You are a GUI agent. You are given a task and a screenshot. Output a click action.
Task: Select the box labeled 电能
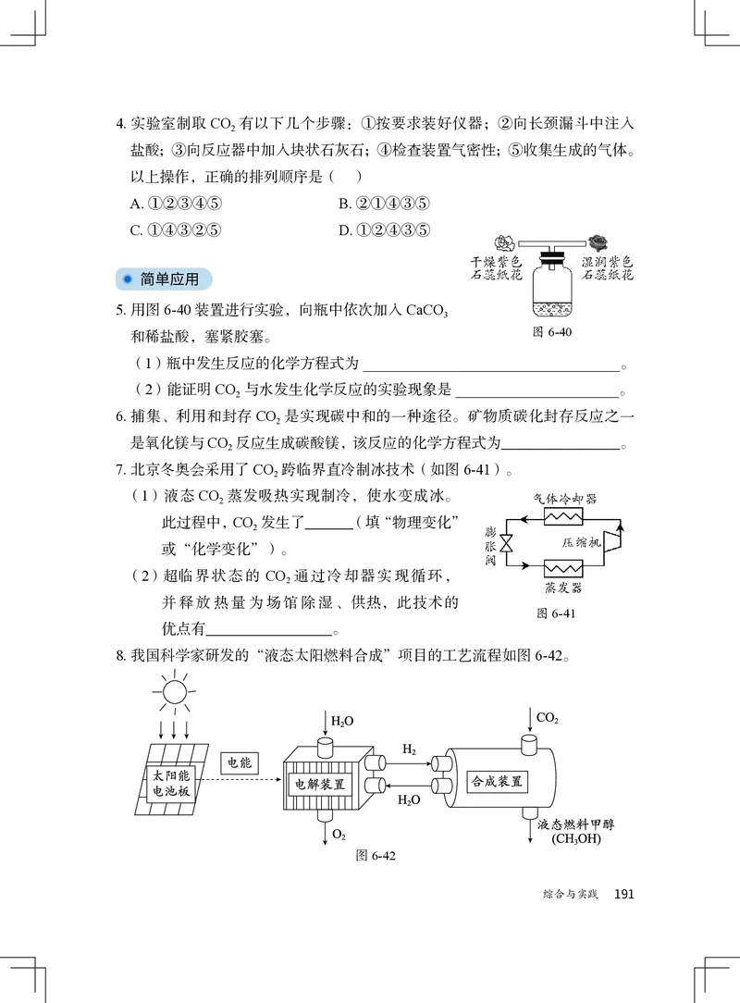click(240, 763)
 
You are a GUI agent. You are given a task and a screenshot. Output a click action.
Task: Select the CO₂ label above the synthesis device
click(548, 718)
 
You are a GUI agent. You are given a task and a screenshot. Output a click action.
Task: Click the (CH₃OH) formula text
click(575, 839)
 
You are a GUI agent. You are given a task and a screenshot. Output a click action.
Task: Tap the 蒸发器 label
click(563, 588)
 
